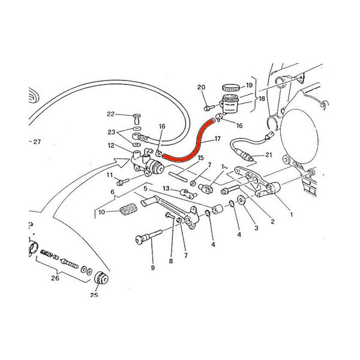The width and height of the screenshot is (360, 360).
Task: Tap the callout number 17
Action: tap(217, 139)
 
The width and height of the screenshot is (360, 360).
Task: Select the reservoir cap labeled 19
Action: tap(231, 88)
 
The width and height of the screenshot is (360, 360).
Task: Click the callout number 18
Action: tap(262, 99)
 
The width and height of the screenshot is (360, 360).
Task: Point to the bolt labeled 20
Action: tap(209, 107)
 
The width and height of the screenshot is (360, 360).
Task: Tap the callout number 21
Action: tap(269, 155)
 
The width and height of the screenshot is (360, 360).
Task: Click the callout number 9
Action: tap(153, 268)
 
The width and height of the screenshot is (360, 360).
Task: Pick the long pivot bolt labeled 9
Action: tap(149, 235)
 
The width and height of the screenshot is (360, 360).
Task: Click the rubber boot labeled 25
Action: tap(101, 278)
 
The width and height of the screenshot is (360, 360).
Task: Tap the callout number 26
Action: tap(55, 278)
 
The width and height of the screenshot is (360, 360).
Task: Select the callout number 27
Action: tap(37, 142)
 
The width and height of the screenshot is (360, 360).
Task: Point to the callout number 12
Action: tap(111, 146)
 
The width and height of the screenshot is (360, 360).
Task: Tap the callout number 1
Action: tap(292, 215)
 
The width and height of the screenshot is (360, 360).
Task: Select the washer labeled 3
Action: tap(241, 200)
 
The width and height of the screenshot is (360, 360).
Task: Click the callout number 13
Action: tap(166, 188)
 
